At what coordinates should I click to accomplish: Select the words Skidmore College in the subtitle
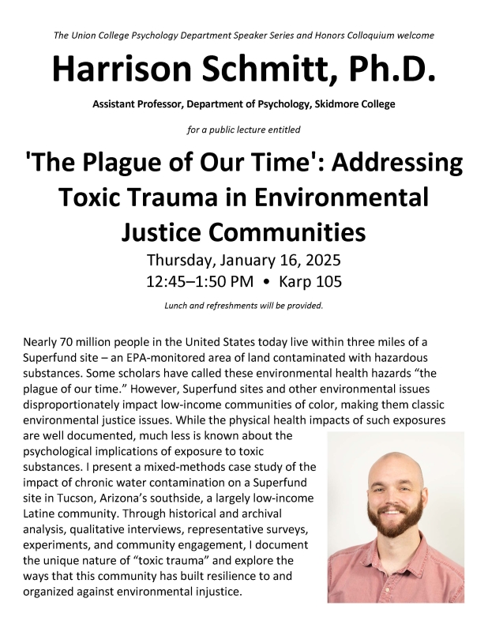pos(351,104)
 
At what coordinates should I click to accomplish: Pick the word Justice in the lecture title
pos(165,231)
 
